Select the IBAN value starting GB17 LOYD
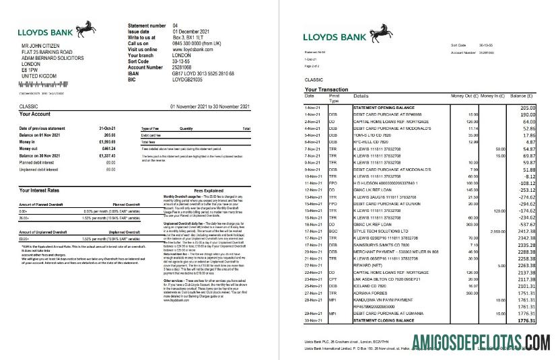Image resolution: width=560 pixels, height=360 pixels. pos(203,73)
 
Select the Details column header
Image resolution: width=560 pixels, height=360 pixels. pos(361,96)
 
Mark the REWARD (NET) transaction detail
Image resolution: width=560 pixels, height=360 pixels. pos(367,264)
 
